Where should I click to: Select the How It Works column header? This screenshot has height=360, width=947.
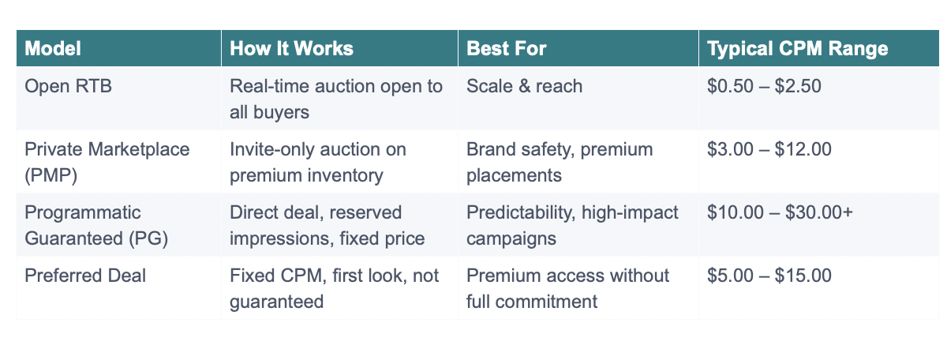(291, 49)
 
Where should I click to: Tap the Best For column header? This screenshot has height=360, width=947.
(507, 49)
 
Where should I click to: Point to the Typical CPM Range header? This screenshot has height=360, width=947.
(798, 49)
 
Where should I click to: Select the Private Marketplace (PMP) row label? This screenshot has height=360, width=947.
(107, 161)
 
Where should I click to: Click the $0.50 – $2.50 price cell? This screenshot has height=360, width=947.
(765, 85)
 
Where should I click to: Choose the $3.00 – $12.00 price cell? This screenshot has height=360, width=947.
(769, 149)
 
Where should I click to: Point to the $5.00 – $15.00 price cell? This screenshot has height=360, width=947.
(769, 276)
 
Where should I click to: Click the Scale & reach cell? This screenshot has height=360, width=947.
(524, 85)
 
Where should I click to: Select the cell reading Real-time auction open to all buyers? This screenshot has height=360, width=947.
(336, 98)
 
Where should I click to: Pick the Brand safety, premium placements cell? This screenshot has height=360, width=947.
(560, 161)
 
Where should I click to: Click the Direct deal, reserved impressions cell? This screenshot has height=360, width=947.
(327, 224)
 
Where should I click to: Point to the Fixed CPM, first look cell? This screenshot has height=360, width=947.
(335, 287)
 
